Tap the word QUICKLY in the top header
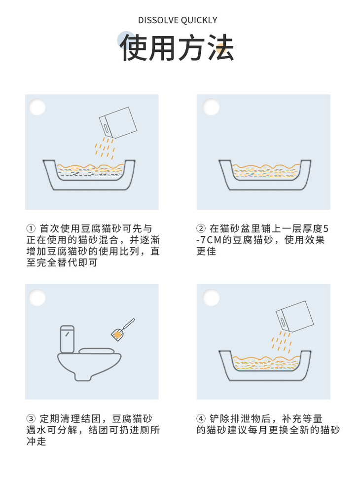click(x=199, y=20)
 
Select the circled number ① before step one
click(x=31, y=229)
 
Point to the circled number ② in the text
click(x=201, y=229)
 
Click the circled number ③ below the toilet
click(x=31, y=419)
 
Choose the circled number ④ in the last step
click(x=201, y=419)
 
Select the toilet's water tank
click(x=67, y=338)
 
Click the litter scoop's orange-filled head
click(x=117, y=335)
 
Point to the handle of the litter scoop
click(x=128, y=324)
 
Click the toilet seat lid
click(x=99, y=351)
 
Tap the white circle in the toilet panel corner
click(x=37, y=297)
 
